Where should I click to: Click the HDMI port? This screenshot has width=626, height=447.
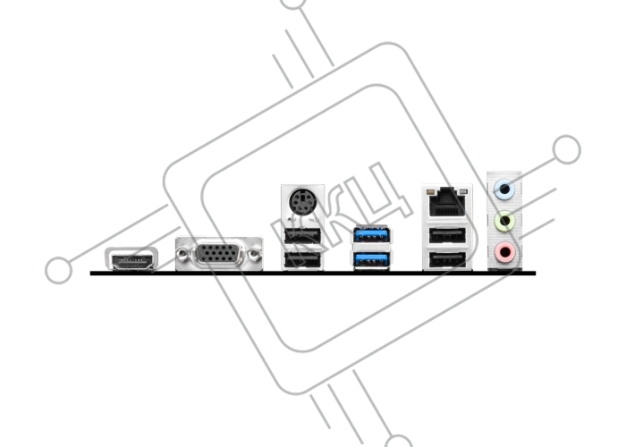point(131,259)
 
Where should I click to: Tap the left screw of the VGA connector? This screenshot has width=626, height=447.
point(182,253)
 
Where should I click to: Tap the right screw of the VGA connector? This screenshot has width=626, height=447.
point(254,253)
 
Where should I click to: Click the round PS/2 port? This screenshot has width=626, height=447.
point(302,202)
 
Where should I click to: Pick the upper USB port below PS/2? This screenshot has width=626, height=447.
point(302,236)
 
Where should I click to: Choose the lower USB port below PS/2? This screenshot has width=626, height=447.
point(302,261)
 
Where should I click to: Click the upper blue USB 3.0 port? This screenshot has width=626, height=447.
point(371,235)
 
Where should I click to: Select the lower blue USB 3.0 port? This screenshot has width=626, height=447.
point(371,260)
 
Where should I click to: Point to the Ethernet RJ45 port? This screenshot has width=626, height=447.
point(447,201)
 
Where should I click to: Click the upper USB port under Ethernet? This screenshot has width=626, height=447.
point(447,236)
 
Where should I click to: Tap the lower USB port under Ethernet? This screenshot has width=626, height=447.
point(447,260)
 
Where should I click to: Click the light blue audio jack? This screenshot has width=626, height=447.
point(504,189)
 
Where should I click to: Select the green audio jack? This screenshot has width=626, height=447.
point(504,221)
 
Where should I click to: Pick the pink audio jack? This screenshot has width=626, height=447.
point(504,252)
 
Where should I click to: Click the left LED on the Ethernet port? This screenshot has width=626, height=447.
point(430,192)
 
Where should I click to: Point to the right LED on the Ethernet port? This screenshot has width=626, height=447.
point(463,192)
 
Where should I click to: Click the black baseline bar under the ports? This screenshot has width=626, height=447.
point(313,274)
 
